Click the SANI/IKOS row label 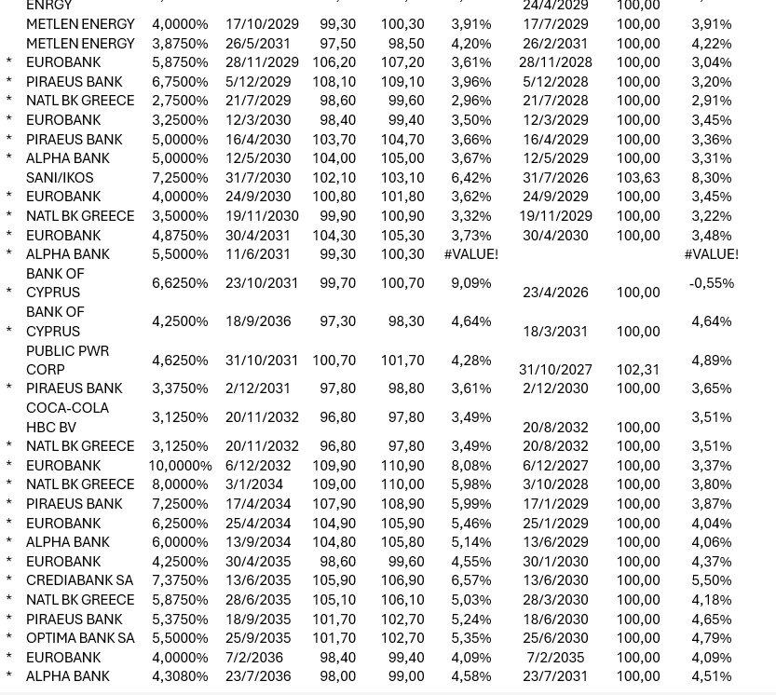(x=60, y=177)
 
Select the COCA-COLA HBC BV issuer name (x=67, y=417)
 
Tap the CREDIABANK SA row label (x=79, y=580)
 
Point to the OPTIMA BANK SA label (x=80, y=638)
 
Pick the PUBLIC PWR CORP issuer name (x=67, y=360)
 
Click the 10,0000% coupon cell (x=180, y=466)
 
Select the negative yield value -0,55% (x=711, y=282)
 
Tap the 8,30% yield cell (x=711, y=177)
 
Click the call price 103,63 (x=638, y=177)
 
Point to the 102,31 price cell (x=638, y=369)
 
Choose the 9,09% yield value (x=470, y=282)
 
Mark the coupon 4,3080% (x=180, y=676)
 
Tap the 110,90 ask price (x=402, y=466)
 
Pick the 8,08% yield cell (x=470, y=466)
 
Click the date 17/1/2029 (x=555, y=504)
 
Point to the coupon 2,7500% (x=180, y=101)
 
